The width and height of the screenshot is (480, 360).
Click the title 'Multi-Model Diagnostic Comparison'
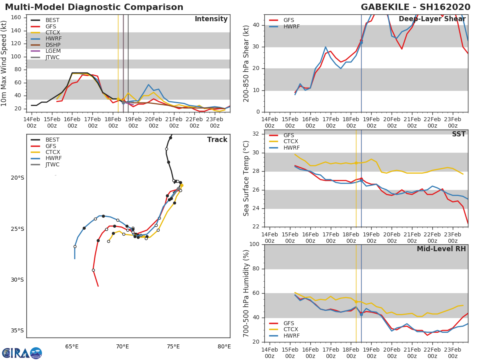tap(94, 7)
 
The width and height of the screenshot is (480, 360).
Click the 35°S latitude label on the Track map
tap(17, 330)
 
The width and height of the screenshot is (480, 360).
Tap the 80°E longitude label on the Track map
tap(224, 346)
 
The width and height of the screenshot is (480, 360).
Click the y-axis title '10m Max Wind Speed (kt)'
tap(4, 63)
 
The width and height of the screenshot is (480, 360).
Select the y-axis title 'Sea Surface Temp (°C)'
tap(246, 178)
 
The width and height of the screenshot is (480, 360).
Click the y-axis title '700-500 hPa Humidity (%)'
tap(246, 293)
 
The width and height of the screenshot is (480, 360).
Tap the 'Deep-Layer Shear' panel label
tap(432, 20)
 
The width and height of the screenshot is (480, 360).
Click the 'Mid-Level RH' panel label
tap(441, 249)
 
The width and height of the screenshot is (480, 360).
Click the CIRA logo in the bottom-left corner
tap(22, 353)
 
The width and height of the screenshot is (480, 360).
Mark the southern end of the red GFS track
tap(98, 286)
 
